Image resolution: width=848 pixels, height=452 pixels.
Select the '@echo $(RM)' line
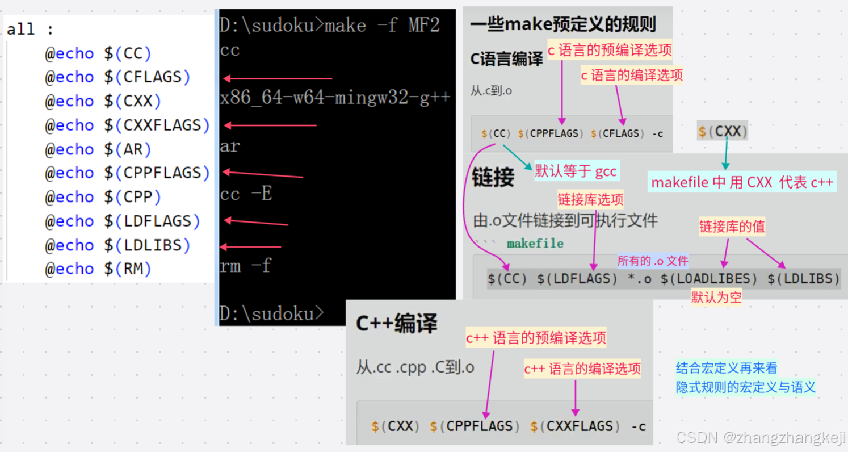pyautogui.click(x=98, y=269)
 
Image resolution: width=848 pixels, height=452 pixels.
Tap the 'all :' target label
pyautogui.click(x=30, y=30)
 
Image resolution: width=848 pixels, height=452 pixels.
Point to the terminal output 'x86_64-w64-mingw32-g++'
pyautogui.click(x=335, y=98)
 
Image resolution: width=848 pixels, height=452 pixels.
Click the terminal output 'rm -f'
pyautogui.click(x=245, y=266)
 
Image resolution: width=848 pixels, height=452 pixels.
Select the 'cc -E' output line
pyautogui.click(x=246, y=194)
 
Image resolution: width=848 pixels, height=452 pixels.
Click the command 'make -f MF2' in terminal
pyautogui.click(x=382, y=26)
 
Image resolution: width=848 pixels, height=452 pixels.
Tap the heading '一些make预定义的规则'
pyautogui.click(x=563, y=24)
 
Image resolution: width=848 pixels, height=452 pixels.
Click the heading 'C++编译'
pyautogui.click(x=396, y=324)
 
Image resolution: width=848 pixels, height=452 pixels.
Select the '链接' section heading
pyautogui.click(x=493, y=178)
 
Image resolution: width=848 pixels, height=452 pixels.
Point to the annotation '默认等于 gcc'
pyautogui.click(x=576, y=170)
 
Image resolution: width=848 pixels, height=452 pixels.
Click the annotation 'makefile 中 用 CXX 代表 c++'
pyautogui.click(x=742, y=182)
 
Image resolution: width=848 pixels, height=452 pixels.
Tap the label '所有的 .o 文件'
pyautogui.click(x=653, y=261)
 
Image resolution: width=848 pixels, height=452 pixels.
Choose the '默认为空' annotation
pyautogui.click(x=716, y=296)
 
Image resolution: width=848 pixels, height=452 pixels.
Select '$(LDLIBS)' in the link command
pyautogui.click(x=803, y=279)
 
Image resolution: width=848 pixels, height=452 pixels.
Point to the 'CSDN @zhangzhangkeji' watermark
pyautogui.click(x=761, y=437)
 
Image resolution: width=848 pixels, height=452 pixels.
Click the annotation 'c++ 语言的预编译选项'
pyautogui.click(x=536, y=338)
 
